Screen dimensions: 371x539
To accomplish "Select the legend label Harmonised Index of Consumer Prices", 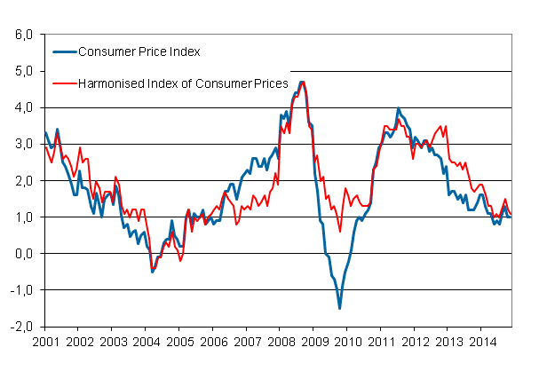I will (184, 83).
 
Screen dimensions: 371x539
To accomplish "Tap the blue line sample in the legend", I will (64, 51).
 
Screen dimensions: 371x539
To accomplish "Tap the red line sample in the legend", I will (64, 83).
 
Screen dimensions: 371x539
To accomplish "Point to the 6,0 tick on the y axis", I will (22, 35).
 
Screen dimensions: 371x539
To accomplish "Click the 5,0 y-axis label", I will (22, 71).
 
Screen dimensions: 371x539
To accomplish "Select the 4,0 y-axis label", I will (22, 107).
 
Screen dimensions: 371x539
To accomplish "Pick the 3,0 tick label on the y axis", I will (22, 144).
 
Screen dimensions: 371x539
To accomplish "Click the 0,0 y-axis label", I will (22, 253).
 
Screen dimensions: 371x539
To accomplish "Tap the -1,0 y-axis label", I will (20, 289).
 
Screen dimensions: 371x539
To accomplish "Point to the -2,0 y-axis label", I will (20, 326).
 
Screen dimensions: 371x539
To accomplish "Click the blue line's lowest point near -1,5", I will (339, 308).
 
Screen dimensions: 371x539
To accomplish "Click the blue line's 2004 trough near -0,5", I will (153, 271).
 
